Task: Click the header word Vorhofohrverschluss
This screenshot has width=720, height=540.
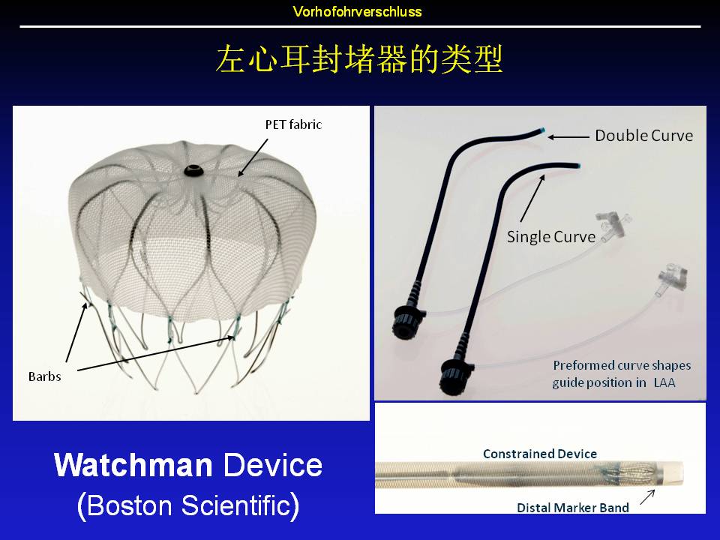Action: point(357,11)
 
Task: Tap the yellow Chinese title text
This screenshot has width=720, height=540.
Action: point(359,59)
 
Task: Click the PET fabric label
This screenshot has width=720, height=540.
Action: point(293,124)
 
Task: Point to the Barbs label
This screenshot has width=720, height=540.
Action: point(44,376)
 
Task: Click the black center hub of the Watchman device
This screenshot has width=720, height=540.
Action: point(193,171)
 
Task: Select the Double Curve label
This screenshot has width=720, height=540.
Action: point(643,136)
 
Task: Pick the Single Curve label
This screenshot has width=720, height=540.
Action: point(551,236)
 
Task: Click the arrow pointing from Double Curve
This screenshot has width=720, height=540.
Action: point(568,136)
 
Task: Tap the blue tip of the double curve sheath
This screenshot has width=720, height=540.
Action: point(542,130)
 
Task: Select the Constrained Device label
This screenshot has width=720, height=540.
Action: point(540,454)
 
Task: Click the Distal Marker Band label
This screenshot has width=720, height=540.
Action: point(572,508)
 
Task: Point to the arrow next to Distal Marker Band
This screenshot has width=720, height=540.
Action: point(647,496)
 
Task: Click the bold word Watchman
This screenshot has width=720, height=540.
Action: point(133,465)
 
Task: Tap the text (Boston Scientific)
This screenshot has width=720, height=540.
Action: point(188,505)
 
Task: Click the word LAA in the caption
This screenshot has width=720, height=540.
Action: point(664,382)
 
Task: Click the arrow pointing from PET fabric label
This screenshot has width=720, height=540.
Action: point(253,158)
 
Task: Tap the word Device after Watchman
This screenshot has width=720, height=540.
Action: point(273,465)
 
